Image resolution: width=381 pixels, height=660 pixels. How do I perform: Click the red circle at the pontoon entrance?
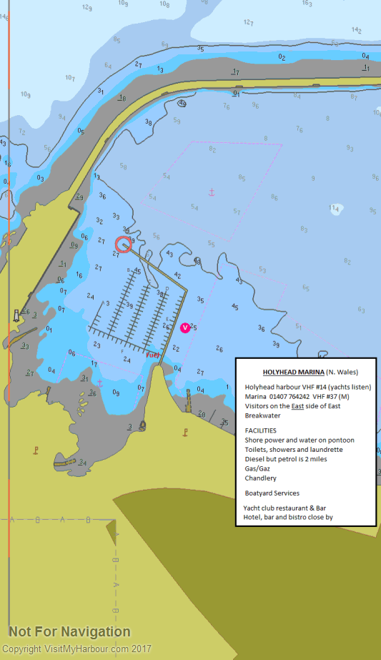pyautogui.click(x=123, y=245)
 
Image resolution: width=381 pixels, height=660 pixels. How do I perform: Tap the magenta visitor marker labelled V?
pyautogui.click(x=185, y=327)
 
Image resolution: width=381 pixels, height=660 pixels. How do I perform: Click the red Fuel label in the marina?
pyautogui.click(x=152, y=355)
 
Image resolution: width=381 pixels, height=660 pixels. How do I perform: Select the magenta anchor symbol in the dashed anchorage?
pyautogui.click(x=212, y=192)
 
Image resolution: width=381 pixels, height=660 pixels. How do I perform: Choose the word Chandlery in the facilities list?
pyautogui.click(x=260, y=478)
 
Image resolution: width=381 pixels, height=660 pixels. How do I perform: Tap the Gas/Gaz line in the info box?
pyautogui.click(x=257, y=468)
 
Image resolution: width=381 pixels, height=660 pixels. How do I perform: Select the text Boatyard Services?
pyautogui.click(x=272, y=493)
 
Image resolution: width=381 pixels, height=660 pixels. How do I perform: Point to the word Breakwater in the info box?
pyautogui.click(x=263, y=415)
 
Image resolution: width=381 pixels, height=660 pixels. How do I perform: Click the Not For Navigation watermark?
pyautogui.click(x=69, y=631)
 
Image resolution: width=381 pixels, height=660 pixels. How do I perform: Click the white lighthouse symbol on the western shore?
pyautogui.click(x=16, y=315)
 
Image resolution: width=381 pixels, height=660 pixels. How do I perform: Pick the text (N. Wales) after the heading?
pyautogui.click(x=342, y=373)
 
